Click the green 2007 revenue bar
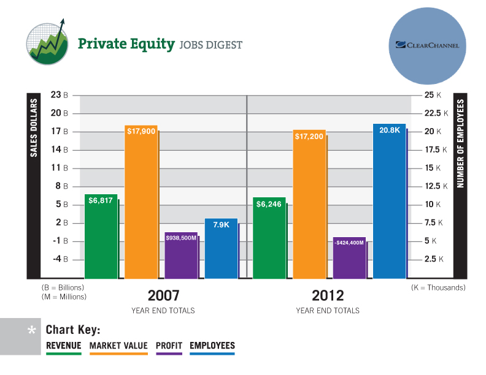[x=101, y=239]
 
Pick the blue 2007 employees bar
[x=221, y=251]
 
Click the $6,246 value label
[x=269, y=204]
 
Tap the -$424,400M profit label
[x=349, y=243]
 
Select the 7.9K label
[x=221, y=225]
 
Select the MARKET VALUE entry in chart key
[x=118, y=346]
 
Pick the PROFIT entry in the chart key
[x=169, y=346]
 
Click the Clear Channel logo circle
[x=428, y=45]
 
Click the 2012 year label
[x=328, y=295]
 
